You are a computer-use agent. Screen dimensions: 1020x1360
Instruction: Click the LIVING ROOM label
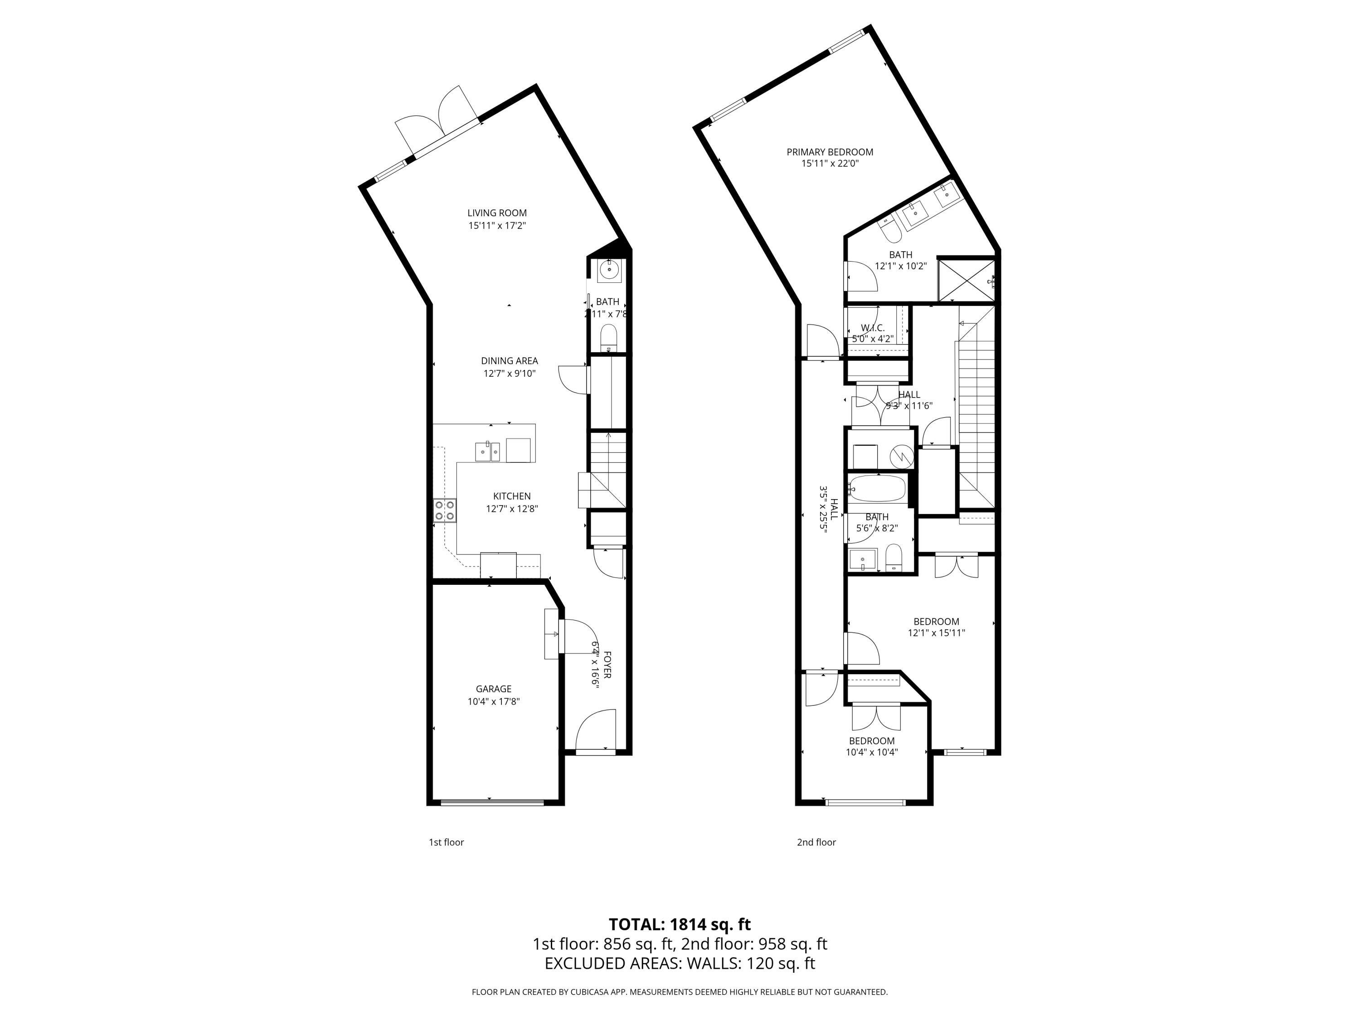point(497,213)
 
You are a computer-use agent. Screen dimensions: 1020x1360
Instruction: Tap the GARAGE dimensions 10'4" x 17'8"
point(493,701)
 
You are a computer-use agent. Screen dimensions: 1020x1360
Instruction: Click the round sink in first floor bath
point(609,269)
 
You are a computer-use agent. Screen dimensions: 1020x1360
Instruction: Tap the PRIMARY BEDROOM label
point(830,152)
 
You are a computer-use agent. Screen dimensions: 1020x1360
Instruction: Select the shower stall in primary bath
point(965,280)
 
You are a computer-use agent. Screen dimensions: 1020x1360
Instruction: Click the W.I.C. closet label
point(873,328)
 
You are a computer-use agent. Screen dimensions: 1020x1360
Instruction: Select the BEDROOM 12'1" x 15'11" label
point(936,622)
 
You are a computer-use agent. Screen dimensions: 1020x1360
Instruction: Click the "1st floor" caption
point(446,842)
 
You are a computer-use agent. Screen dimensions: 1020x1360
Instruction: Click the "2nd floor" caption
point(816,842)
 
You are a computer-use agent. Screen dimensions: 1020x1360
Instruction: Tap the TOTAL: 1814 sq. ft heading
point(680,924)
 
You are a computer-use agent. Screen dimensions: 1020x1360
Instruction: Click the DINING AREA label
point(509,361)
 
